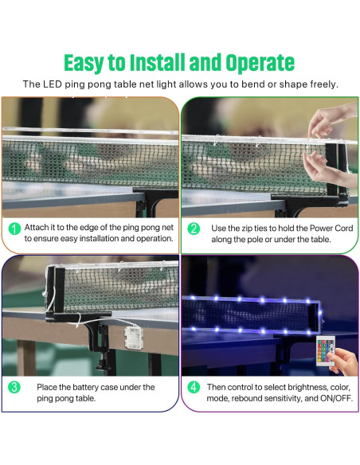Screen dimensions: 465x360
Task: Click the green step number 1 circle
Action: coord(14,229)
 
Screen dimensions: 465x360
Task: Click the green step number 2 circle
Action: coord(194,229)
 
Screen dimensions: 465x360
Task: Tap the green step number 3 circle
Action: coord(14,388)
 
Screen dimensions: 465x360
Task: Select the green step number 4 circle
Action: coord(194,388)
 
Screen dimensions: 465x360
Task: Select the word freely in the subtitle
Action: coord(320,84)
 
